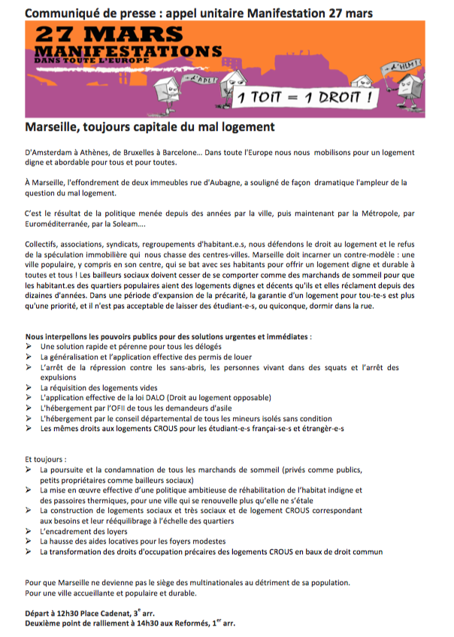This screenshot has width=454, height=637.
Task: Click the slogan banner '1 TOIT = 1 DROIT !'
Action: tap(307, 99)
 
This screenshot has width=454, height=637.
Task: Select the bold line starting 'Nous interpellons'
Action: tap(168, 337)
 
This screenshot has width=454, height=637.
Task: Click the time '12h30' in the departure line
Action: tap(68, 614)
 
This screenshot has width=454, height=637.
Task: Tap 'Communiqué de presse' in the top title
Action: tap(85, 13)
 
